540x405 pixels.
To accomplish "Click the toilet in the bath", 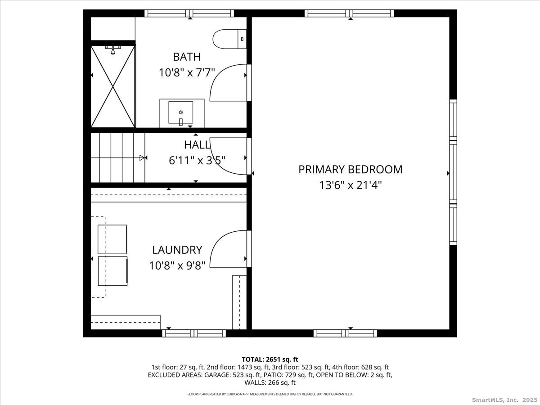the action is pos(229,39).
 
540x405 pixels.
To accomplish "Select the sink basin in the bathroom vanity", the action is pos(181,112).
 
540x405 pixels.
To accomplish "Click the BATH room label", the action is pos(187,57).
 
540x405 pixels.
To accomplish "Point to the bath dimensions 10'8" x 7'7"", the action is pos(187,72).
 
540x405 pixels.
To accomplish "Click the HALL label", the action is pos(197,145).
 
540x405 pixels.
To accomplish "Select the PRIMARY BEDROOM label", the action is pos(350,170).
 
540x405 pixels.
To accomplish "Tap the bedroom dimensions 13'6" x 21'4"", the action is pos(350,185).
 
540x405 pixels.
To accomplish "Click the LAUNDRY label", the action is pos(177,250).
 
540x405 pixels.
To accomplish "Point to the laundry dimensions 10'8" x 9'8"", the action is pos(177,265).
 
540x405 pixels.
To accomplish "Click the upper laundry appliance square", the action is pos(112,239).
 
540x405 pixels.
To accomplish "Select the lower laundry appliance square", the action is pos(112,271).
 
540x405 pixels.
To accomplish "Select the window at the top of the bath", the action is pos(189,13).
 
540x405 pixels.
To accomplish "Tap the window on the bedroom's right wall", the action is pos(453,172).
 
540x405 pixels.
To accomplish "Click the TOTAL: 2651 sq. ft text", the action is pos(270,360).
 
